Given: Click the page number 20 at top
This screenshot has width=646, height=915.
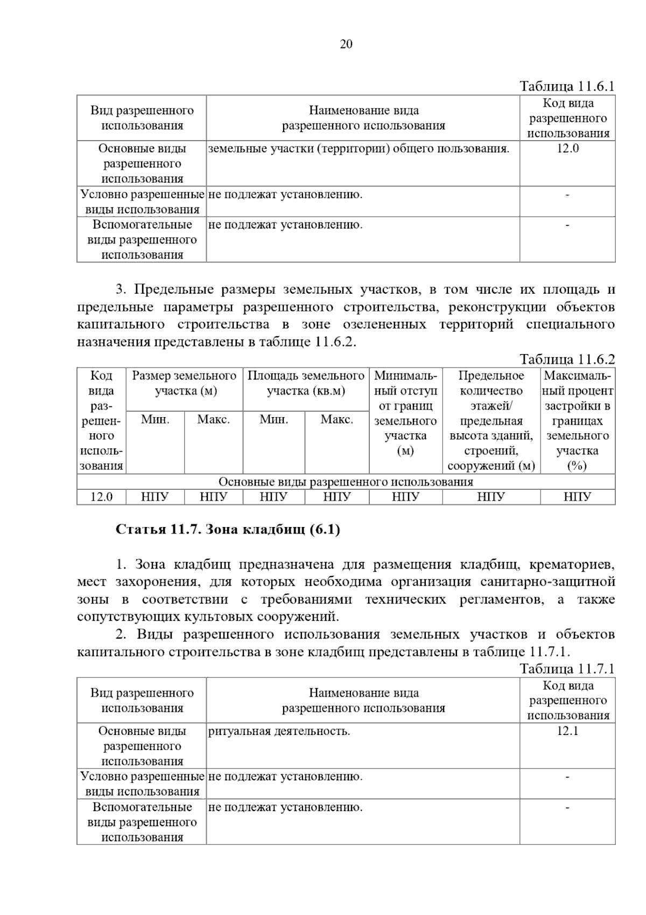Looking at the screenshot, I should [346, 44].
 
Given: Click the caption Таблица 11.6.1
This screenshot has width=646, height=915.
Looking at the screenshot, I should [567, 86].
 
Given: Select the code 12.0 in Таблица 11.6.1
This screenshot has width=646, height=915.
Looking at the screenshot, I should [567, 149].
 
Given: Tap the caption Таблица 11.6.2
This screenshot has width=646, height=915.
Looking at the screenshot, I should [567, 359].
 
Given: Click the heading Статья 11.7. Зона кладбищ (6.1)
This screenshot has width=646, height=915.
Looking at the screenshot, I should [228, 530].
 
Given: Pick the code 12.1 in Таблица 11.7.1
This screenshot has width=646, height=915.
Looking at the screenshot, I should [567, 731].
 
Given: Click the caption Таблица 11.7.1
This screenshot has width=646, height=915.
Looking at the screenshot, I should [567, 669].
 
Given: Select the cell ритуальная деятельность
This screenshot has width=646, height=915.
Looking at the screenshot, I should [279, 731].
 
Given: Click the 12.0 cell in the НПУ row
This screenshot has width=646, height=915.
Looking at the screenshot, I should [101, 497].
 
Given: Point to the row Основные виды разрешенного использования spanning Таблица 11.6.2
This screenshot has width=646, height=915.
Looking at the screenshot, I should [346, 482].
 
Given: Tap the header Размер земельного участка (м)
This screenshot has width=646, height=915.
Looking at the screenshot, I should [184, 383].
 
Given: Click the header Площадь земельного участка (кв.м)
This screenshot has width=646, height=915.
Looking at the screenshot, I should [306, 383].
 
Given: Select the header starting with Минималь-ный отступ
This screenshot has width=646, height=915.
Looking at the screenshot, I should [405, 413].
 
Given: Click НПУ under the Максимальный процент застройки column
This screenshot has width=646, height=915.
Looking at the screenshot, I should [577, 497].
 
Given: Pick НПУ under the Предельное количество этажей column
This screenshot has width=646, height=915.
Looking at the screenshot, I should [491, 497].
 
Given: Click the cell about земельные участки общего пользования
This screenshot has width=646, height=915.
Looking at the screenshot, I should [359, 149].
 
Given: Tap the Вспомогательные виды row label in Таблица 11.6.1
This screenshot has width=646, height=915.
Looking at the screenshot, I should [142, 239].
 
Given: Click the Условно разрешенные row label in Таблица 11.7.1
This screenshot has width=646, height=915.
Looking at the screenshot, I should [142, 784].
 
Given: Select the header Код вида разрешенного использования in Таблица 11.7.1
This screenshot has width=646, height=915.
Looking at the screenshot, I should [567, 701].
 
